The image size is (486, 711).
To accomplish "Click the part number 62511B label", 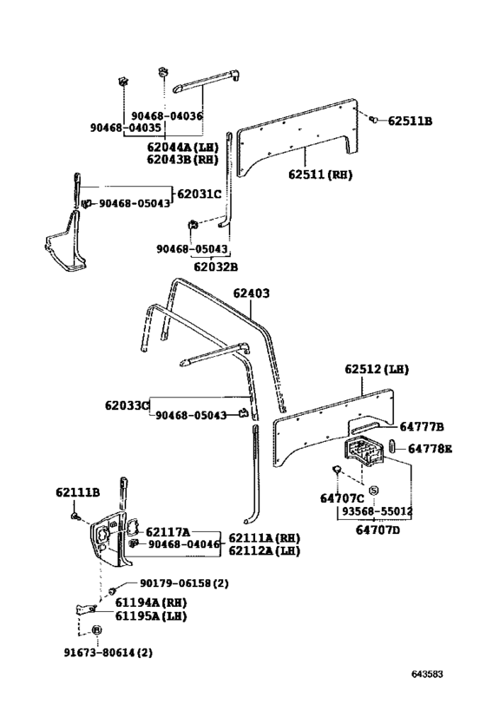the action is [410, 121].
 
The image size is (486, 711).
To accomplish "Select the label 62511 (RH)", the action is [320, 174].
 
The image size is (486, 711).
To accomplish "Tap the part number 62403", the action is [251, 293].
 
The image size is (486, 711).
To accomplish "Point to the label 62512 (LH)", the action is [377, 369].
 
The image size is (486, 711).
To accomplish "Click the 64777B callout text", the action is [421, 427].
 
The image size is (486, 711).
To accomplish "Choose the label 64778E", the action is [430, 449].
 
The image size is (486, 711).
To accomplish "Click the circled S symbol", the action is [373, 491].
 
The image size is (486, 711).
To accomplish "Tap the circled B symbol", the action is [96, 630].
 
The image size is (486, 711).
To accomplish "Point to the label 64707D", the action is [378, 530].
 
